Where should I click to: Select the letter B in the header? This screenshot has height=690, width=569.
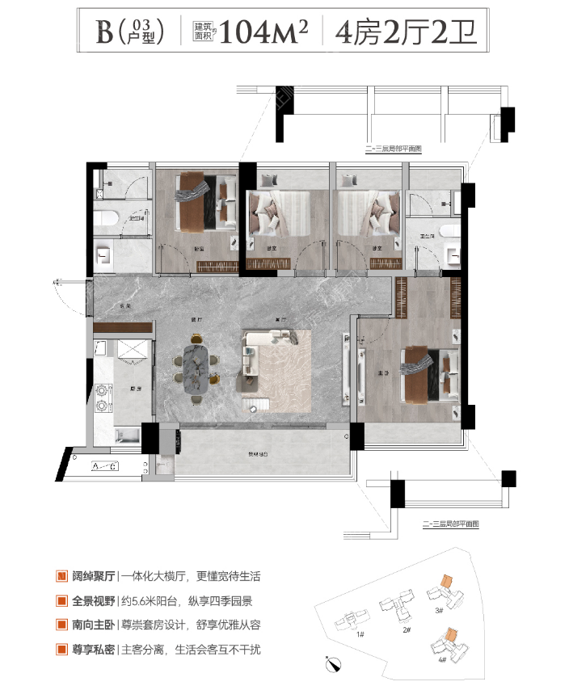[x=104, y=32]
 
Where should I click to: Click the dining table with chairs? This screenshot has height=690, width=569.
[x=196, y=368]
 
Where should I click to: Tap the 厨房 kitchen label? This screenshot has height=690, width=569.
[x=136, y=389]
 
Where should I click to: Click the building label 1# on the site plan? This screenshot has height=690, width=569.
[x=359, y=634]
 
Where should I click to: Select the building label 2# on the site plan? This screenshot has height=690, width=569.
[x=407, y=629]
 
